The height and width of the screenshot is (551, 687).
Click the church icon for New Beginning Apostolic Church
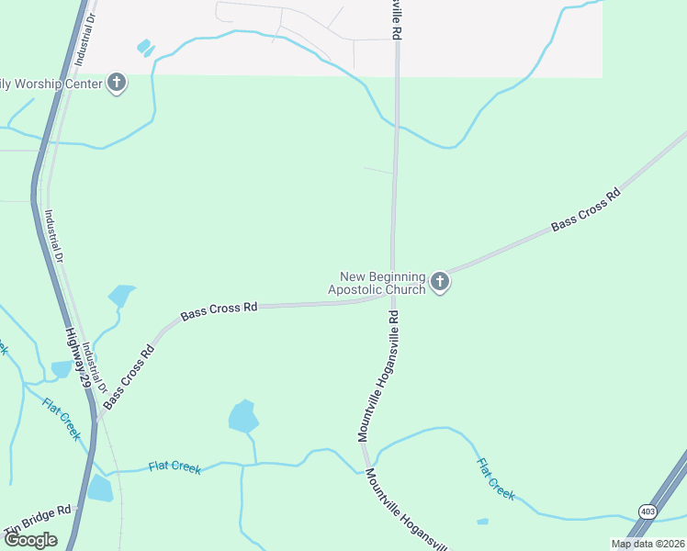pos(440,282)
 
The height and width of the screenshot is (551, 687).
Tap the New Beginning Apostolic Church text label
pos(382,283)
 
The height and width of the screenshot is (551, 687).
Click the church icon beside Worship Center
pos(117,84)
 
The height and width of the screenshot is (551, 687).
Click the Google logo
pos(30,540)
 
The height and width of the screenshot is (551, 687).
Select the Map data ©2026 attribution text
pos(648,544)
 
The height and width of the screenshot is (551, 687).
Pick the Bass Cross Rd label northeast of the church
pos(585,210)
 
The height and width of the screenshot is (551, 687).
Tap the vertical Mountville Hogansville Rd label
pos(377,375)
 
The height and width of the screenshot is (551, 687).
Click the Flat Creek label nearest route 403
pos(496,478)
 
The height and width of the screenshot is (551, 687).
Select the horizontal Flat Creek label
pos(175,467)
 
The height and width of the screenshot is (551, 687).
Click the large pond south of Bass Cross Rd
pos(242,416)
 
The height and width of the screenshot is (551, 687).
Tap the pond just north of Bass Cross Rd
pos(120,296)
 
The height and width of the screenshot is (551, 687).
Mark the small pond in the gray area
pos(144,46)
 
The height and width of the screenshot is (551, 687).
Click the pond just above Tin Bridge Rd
pos(99,488)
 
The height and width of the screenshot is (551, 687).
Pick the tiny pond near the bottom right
pos(483,523)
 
